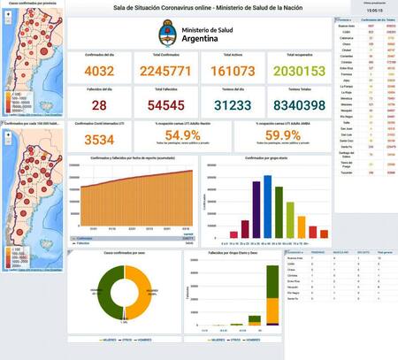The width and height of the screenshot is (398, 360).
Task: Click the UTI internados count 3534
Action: coord(98,139)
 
